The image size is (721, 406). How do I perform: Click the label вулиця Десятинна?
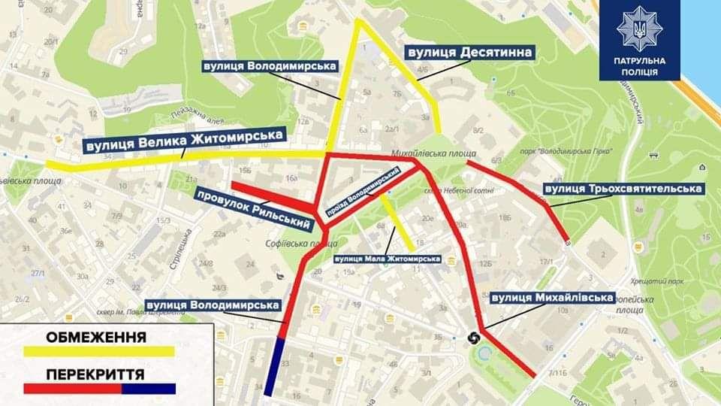469,53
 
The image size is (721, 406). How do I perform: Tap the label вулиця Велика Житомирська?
185,140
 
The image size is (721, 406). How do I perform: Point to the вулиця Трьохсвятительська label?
624,189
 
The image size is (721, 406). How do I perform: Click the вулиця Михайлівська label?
552,298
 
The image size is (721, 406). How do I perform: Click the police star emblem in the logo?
639,29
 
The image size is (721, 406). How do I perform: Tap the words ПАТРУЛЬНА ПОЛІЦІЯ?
640,67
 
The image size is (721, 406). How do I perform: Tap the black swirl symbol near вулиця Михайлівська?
475,338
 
